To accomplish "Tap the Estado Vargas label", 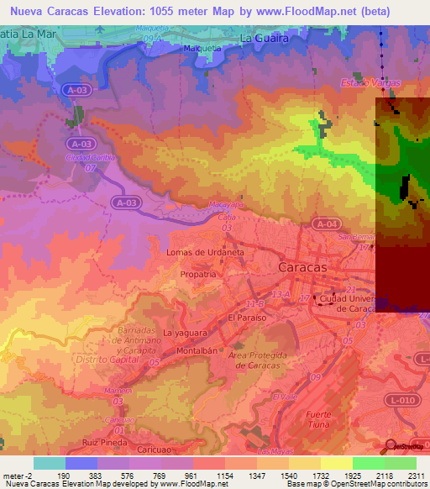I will point(370,83).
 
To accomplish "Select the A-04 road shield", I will point(326,223).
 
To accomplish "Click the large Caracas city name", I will point(302,266).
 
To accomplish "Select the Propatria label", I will point(200,274).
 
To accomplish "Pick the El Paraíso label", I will point(247,318).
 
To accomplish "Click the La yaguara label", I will point(184,333).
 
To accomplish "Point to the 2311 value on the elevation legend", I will point(416,476).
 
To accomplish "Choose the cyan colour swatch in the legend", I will point(50,463).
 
